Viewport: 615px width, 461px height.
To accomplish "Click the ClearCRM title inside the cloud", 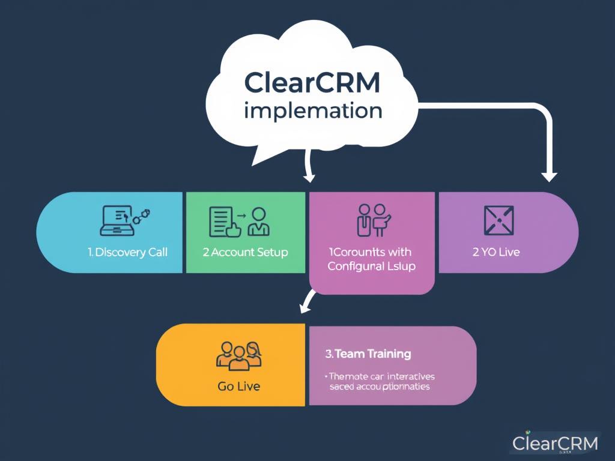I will [x=312, y=83].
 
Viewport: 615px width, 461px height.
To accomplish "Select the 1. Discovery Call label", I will [x=127, y=252].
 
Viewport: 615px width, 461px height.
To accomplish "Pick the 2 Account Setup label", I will [x=245, y=252].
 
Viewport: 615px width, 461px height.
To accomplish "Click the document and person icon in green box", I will [x=239, y=221].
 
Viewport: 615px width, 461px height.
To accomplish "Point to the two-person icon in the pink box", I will [x=373, y=220].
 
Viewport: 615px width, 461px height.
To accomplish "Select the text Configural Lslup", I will [x=371, y=266].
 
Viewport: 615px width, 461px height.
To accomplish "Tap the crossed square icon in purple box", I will [x=498, y=220].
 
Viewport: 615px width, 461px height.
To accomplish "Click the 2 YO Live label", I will [x=496, y=252].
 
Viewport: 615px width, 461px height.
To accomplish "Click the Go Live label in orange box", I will [x=238, y=387].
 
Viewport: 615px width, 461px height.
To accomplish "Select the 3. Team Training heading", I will [x=368, y=354].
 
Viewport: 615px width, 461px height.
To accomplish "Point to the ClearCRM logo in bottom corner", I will [x=555, y=443].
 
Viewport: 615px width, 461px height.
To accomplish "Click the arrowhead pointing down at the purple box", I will [x=549, y=176].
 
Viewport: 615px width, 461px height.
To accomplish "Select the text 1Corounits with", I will [x=370, y=252].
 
